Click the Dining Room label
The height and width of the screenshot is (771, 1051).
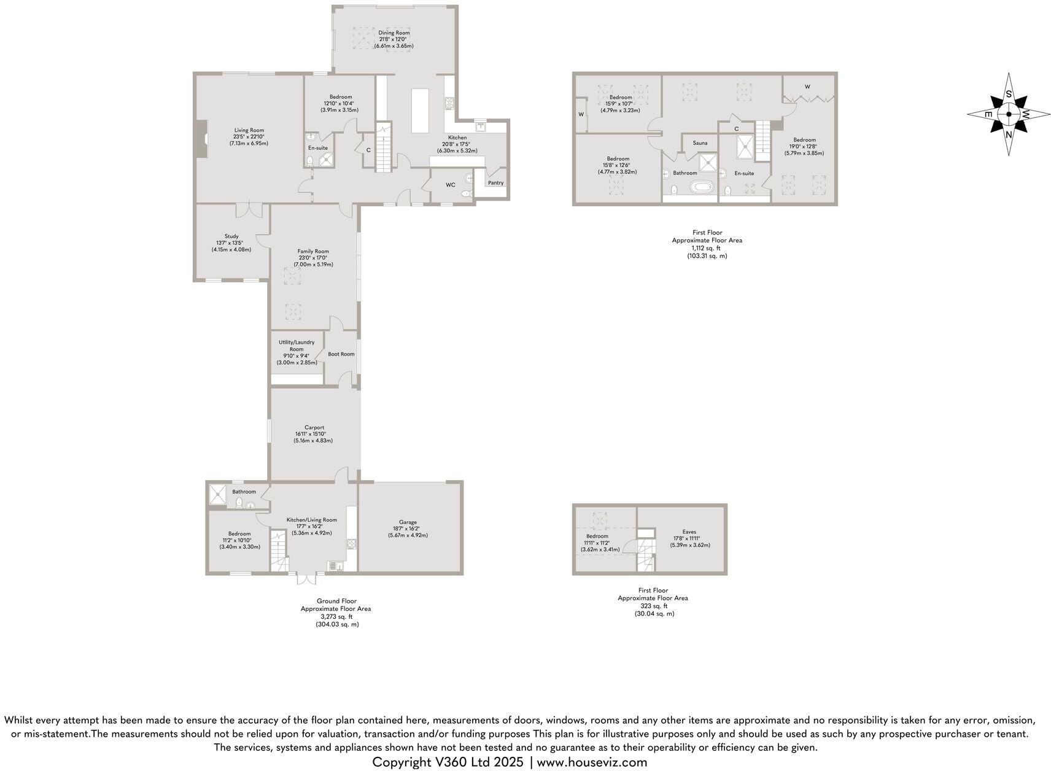[394, 33]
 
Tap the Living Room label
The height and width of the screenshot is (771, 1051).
[249, 130]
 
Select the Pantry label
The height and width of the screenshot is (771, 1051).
[495, 183]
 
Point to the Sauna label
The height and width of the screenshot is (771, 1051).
[700, 143]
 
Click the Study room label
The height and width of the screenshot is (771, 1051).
[231, 236]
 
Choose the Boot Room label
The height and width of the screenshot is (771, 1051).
[341, 354]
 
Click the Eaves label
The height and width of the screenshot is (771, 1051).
[689, 532]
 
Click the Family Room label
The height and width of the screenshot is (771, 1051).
[313, 251]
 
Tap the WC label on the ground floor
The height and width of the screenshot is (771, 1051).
[450, 185]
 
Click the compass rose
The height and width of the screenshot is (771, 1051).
[1009, 114]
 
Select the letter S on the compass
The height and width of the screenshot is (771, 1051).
[1008, 95]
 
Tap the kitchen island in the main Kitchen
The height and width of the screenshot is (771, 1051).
[420, 110]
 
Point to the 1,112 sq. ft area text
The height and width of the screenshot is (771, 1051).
[707, 248]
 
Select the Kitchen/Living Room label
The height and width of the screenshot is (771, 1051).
[311, 520]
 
